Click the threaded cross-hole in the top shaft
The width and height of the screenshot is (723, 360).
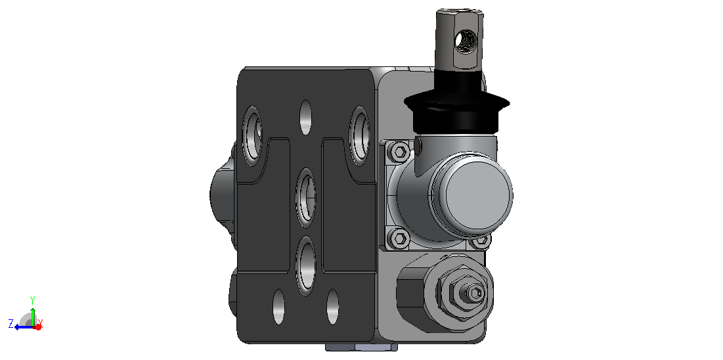tap(464, 42)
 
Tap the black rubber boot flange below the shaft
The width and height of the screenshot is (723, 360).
tap(457, 102)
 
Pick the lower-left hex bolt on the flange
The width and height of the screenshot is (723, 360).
tap(399, 238)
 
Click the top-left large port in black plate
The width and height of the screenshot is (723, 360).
tap(252, 136)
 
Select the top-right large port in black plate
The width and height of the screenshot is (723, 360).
tap(360, 136)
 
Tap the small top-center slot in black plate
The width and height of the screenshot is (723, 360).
tap(306, 117)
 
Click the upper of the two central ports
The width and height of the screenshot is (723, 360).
tap(306, 198)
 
